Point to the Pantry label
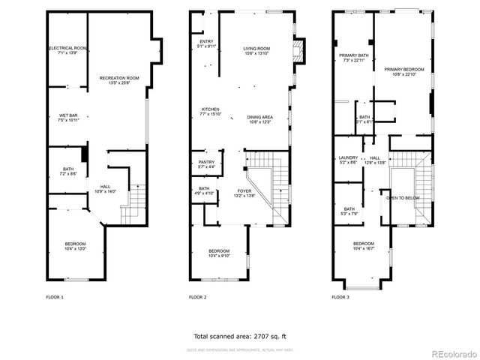[206, 164]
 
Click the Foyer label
[245, 193]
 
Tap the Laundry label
[348, 160]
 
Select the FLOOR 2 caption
[197, 298]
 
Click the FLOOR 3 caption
[340, 298]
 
